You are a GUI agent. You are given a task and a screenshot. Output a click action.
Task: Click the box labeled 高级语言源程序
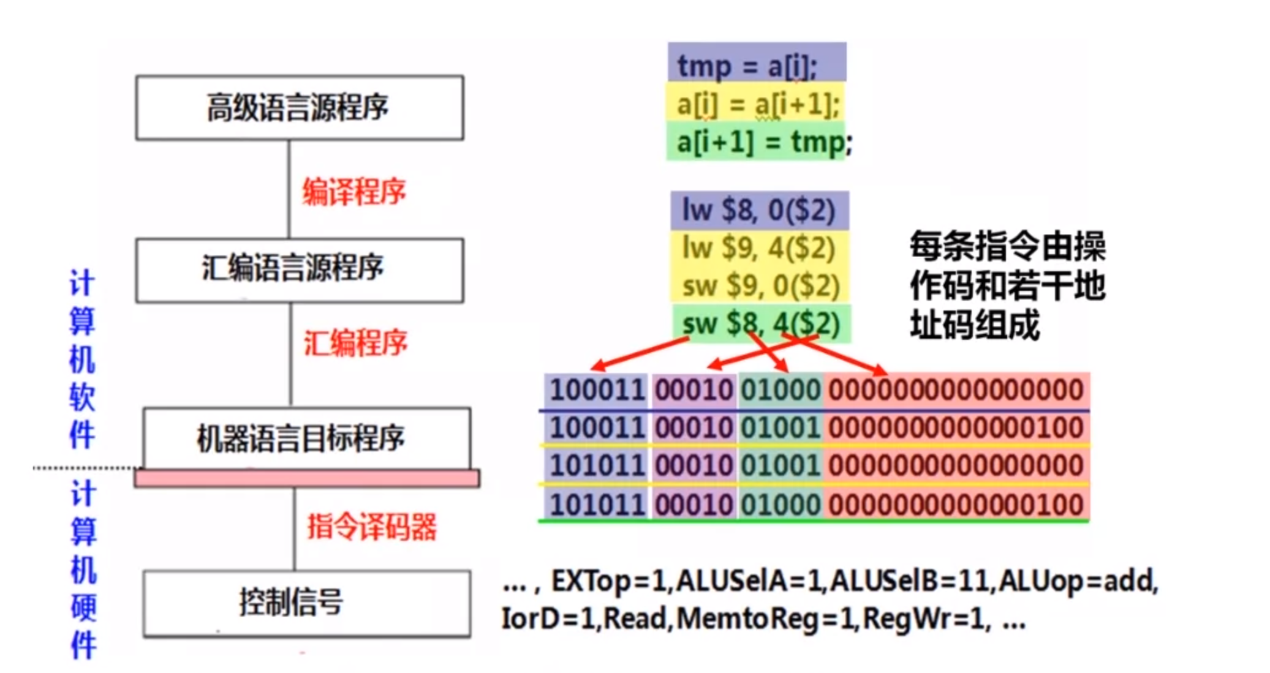[x=300, y=108]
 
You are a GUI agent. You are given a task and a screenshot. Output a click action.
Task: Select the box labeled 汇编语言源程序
[x=300, y=270]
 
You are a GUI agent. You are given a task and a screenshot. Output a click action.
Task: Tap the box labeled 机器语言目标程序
[x=307, y=438]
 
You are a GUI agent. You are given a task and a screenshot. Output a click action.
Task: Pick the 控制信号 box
[x=307, y=604]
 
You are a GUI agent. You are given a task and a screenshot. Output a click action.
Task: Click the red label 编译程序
[x=354, y=192]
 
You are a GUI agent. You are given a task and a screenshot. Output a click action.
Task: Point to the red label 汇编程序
[x=355, y=342]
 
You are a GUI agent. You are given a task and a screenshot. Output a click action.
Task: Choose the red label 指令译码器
[x=372, y=527]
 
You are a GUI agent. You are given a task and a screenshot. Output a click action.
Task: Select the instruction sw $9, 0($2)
[x=760, y=286]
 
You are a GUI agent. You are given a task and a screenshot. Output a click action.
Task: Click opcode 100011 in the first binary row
[x=597, y=389]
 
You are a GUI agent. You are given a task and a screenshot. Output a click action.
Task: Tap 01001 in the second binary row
[x=781, y=427]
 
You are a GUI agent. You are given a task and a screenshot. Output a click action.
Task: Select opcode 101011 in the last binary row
[x=597, y=505]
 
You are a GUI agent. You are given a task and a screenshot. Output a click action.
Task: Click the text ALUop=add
[x=1077, y=581]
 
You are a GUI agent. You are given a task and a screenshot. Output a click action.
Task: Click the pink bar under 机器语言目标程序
[x=307, y=478]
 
